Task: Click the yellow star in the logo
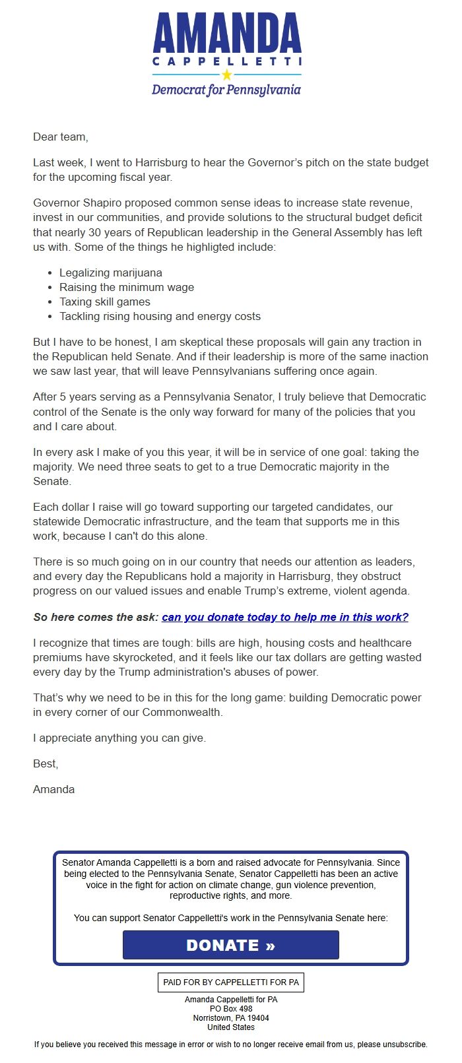(227, 75)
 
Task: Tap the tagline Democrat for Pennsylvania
(226, 90)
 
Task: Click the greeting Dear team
(60, 137)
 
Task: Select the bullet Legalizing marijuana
(110, 273)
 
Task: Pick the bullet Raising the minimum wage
(126, 287)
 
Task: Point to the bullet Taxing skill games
(104, 302)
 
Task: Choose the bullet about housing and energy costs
(160, 316)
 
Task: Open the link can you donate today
(284, 617)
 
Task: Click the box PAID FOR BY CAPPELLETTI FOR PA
(231, 982)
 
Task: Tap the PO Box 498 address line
(231, 1009)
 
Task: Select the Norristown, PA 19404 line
(231, 1018)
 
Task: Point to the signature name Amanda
(53, 789)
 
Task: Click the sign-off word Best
(45, 763)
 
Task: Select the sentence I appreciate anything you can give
(119, 738)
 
